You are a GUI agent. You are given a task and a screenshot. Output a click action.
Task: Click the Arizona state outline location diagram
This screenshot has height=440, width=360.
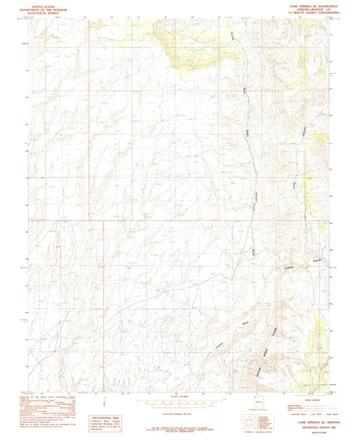click(x=255, y=403)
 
